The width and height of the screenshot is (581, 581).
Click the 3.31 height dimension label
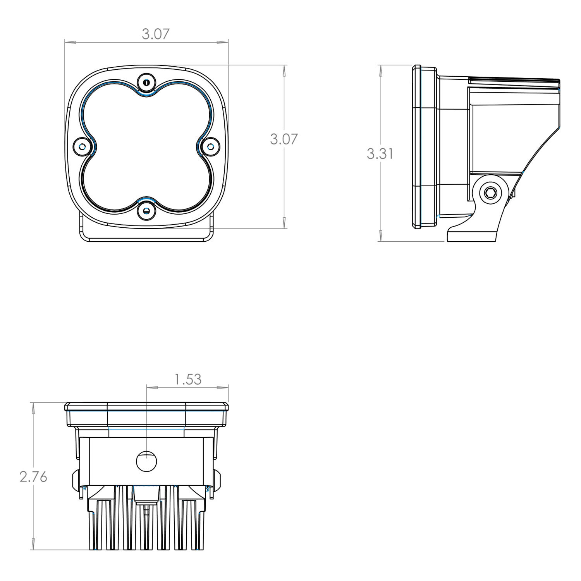(x=380, y=154)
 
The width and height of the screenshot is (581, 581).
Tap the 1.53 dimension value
(x=188, y=379)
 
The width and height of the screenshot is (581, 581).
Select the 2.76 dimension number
(x=33, y=477)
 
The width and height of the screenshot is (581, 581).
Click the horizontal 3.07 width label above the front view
(x=155, y=34)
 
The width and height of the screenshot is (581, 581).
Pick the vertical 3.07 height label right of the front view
(x=284, y=139)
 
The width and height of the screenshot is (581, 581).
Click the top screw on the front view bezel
(x=146, y=82)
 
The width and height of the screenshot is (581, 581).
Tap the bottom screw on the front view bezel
(x=146, y=210)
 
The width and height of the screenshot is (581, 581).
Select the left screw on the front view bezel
(x=82, y=146)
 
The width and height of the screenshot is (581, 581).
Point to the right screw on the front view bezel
(x=210, y=146)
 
